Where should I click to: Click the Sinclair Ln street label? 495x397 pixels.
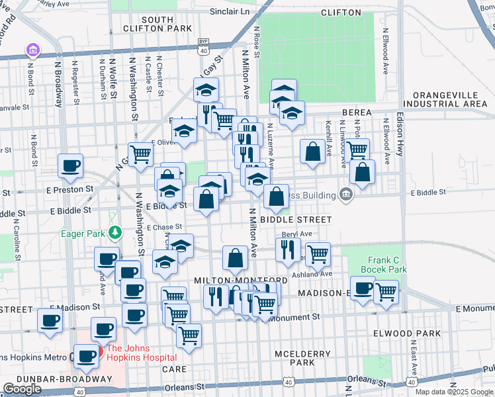(233, 12)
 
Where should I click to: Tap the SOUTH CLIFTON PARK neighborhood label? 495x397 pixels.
(157, 24)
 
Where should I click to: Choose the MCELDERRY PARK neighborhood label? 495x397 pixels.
(302, 357)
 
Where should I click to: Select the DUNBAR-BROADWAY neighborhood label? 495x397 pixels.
(57, 379)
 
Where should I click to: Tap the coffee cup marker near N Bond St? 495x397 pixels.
(69, 166)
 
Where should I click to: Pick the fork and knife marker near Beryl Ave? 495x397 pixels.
(288, 249)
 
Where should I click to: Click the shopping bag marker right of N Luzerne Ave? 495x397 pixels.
(312, 151)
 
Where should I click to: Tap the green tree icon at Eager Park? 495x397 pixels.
(115, 232)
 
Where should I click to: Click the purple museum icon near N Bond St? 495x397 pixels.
(31, 49)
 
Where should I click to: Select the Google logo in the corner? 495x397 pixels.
(22, 389)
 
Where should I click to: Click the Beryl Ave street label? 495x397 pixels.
(296, 234)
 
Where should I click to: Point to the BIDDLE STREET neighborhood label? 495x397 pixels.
(296, 219)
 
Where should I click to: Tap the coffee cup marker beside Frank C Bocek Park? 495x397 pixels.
(362, 288)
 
